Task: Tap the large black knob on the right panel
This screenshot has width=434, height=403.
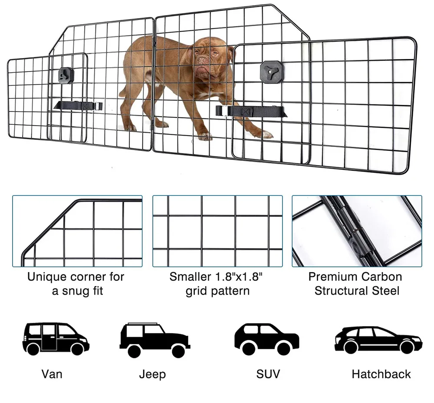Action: [272, 71]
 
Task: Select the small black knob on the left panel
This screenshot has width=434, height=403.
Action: [66, 75]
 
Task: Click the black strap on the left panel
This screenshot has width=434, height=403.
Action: [78, 106]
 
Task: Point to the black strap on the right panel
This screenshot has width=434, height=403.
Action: [251, 111]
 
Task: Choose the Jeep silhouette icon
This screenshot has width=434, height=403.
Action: [155, 340]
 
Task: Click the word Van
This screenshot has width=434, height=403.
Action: [52, 374]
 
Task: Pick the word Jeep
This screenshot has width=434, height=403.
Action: [152, 374]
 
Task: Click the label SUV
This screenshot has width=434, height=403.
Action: [268, 374]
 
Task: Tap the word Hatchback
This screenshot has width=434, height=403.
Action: [381, 374]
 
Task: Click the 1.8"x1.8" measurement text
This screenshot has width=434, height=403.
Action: [239, 276]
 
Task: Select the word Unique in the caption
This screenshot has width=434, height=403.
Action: [46, 277]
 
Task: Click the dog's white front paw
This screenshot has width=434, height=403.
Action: [205, 136]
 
